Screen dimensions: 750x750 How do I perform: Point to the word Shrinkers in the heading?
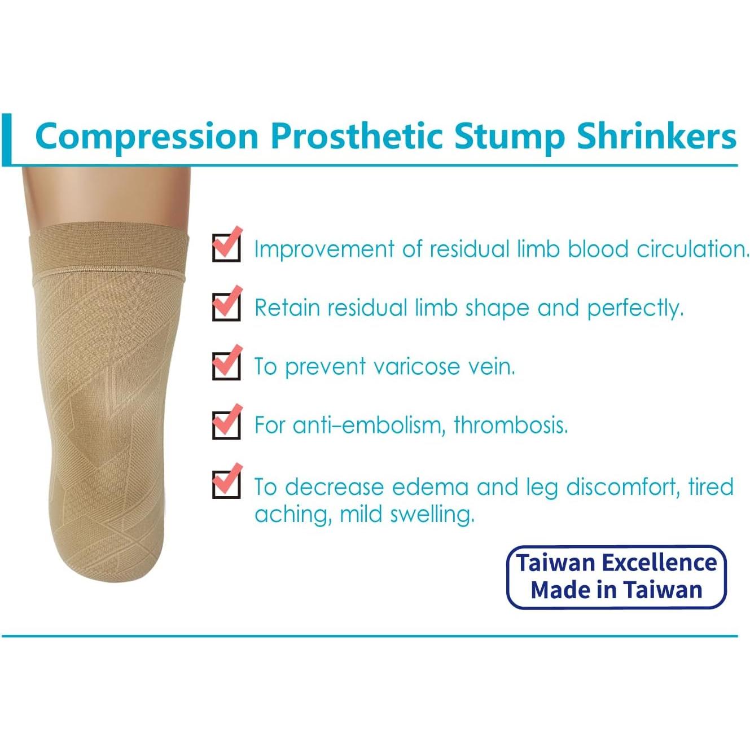click(656, 136)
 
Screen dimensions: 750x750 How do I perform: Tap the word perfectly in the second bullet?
click(635, 308)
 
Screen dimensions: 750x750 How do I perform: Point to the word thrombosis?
click(510, 425)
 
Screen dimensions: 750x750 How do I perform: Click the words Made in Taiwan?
click(616, 590)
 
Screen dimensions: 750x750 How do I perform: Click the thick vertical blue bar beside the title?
click(6, 139)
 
